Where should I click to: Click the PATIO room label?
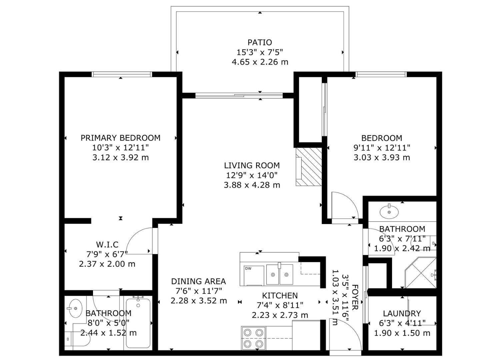[260, 42]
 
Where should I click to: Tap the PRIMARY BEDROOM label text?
[120, 138]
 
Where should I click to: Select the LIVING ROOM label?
[252, 165]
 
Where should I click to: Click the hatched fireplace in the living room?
[309, 167]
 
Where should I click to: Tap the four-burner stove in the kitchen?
[254, 338]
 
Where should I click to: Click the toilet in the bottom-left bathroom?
[80, 339]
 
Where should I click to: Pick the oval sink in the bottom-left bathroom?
[75, 308]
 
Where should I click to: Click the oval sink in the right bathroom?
[389, 211]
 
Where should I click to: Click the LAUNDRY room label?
[402, 313]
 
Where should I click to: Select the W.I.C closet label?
[107, 245]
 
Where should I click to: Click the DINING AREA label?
[198, 281]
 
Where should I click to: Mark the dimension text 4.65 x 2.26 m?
[260, 62]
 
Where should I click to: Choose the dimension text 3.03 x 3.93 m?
[382, 157]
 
